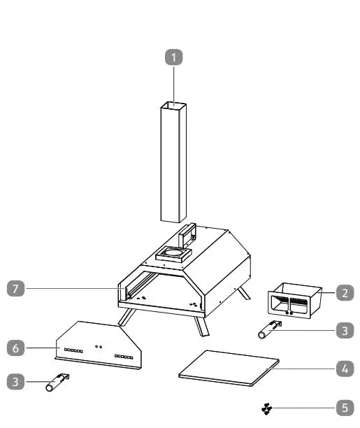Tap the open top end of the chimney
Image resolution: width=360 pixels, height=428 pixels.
point(173,106)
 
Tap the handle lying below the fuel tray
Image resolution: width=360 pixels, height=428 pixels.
point(268,330)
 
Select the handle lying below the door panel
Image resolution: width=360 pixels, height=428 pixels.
point(58,383)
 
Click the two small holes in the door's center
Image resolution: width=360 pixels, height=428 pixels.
point(100,346)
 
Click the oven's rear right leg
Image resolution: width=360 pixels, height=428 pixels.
point(244,293)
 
